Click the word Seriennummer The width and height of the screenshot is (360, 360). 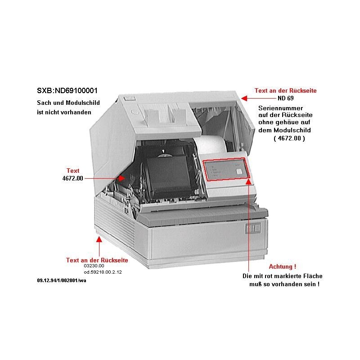[280, 108]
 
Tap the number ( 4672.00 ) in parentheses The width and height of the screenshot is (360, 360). [289, 139]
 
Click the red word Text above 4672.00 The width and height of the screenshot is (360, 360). [73, 171]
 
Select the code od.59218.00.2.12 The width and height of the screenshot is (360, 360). [103, 272]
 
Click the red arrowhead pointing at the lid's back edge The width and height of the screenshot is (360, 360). [243, 97]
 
